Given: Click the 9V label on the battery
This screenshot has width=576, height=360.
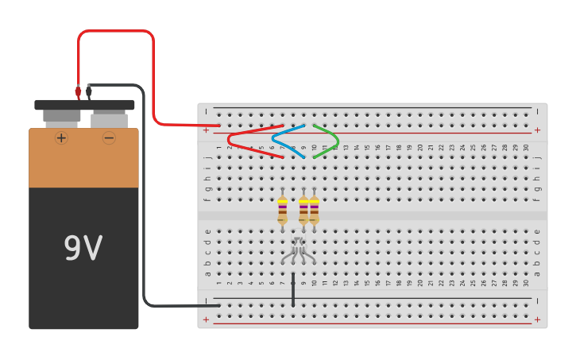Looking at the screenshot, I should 83,250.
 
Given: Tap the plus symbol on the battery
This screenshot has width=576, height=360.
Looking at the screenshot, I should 61,137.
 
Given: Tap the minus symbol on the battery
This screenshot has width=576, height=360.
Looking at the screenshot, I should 109,137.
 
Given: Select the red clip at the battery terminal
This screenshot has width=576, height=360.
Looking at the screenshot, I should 78,92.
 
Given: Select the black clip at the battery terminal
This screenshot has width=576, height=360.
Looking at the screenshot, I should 88,92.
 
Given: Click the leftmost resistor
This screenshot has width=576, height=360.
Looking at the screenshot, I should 282,210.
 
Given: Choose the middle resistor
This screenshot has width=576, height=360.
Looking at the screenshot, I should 303,210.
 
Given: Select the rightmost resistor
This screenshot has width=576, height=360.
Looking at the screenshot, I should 314,210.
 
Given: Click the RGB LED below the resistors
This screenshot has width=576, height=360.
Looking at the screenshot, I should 298,248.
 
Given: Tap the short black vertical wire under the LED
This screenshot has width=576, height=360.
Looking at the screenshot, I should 293,290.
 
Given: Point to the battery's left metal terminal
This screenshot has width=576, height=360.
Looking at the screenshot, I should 61,117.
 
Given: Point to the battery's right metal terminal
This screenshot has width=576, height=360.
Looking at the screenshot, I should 109,119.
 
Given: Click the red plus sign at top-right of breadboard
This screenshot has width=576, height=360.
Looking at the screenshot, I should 537,130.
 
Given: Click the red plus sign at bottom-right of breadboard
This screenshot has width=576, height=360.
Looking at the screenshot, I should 537,319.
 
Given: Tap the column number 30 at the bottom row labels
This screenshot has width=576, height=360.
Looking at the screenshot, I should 526,282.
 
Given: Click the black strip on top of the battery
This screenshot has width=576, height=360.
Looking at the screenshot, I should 84,104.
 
